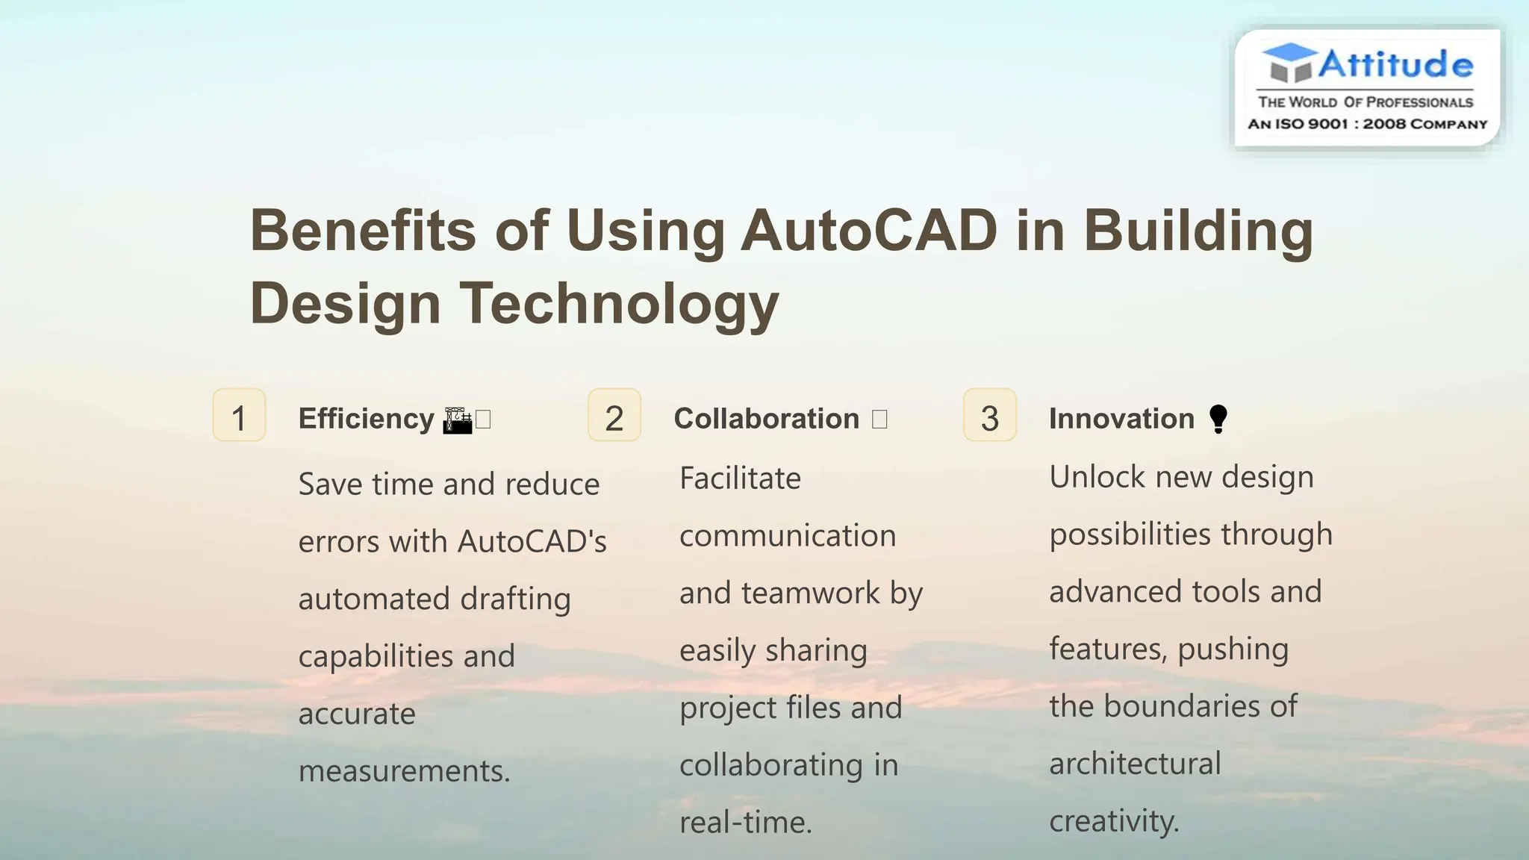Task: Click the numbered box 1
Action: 239,415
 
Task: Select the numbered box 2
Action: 614,415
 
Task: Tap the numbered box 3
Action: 990,415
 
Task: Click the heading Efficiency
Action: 366,419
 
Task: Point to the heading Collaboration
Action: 767,419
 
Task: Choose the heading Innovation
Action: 1121,419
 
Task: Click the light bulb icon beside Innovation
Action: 1218,419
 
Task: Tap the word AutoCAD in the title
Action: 869,230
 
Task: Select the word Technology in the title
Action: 619,303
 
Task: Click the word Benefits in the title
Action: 363,230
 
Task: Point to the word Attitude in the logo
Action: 1395,64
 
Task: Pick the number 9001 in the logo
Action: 1327,124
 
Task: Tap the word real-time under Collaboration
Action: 745,822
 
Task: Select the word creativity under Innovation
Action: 1113,821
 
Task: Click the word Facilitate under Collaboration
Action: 740,479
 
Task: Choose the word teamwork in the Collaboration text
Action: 811,593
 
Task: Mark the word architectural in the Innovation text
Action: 1135,764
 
